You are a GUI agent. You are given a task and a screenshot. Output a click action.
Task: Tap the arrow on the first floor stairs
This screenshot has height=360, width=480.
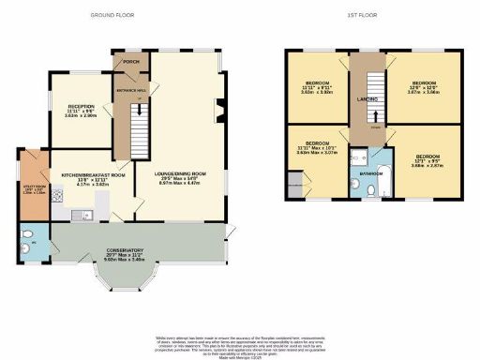375,123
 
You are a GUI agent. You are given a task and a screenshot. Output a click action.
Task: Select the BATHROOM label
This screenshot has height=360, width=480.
370,172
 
